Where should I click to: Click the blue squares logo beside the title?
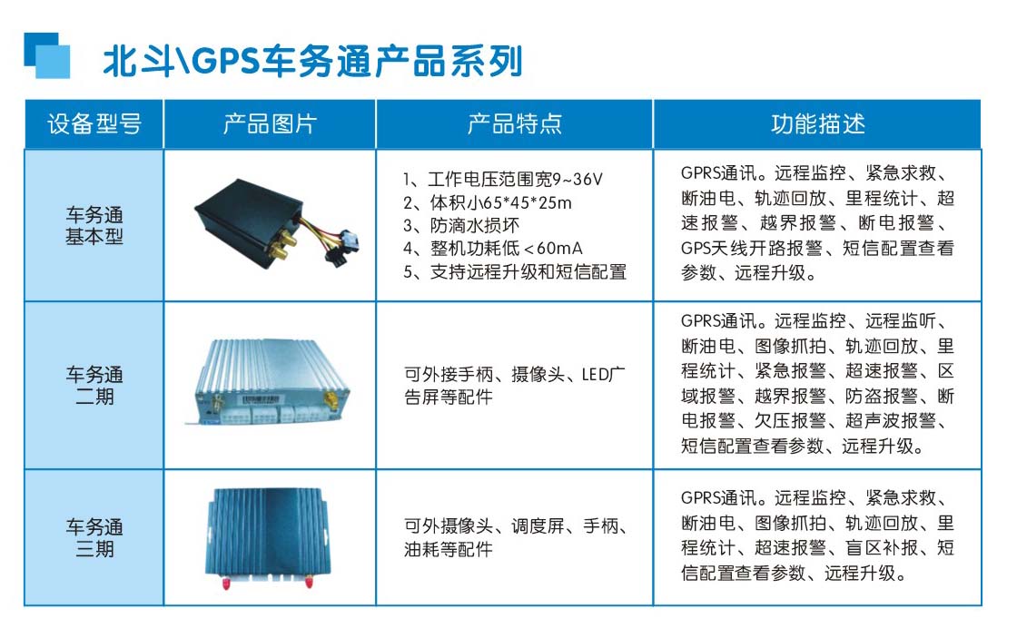46,55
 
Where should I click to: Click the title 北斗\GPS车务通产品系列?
312,61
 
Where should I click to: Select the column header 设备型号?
94,123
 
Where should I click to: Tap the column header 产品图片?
270,123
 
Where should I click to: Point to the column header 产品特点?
514,123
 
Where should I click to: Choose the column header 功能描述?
818,123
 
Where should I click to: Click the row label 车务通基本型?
94,226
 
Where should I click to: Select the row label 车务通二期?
94,385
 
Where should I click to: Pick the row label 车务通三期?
94,537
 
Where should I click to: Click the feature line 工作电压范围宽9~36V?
503,179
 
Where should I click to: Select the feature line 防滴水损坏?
461,226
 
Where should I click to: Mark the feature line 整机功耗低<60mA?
493,249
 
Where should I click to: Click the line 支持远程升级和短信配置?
515,271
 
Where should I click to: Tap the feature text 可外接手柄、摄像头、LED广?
514,374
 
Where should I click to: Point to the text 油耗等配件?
449,550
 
